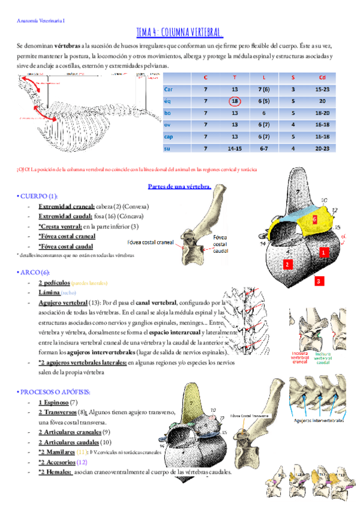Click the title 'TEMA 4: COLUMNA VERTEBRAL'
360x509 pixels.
pyautogui.click(x=180, y=32)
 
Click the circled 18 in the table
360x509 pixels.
pyautogui.click(x=235, y=101)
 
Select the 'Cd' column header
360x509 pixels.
pyautogui.click(x=322, y=77)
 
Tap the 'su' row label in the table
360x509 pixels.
pyautogui.click(x=167, y=148)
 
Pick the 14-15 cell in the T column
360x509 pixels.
pyautogui.click(x=235, y=148)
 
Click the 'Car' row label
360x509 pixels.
pyautogui.click(x=169, y=89)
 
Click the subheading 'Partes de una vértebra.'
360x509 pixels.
pyautogui.click(x=179, y=186)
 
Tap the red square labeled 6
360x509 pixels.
pyautogui.click(x=314, y=220)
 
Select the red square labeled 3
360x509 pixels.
pyautogui.click(x=320, y=280)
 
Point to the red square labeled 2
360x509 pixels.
pyautogui.click(x=287, y=264)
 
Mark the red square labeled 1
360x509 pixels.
pyautogui.click(x=323, y=253)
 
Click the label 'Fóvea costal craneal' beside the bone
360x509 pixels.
pyautogui.click(x=151, y=242)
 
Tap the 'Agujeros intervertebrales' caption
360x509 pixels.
pyautogui.click(x=319, y=421)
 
